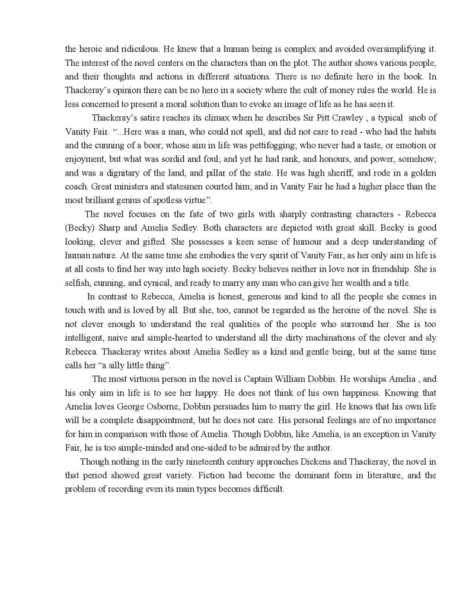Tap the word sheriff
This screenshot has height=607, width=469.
tap(339, 172)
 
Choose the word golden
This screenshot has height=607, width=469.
tap(420, 172)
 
